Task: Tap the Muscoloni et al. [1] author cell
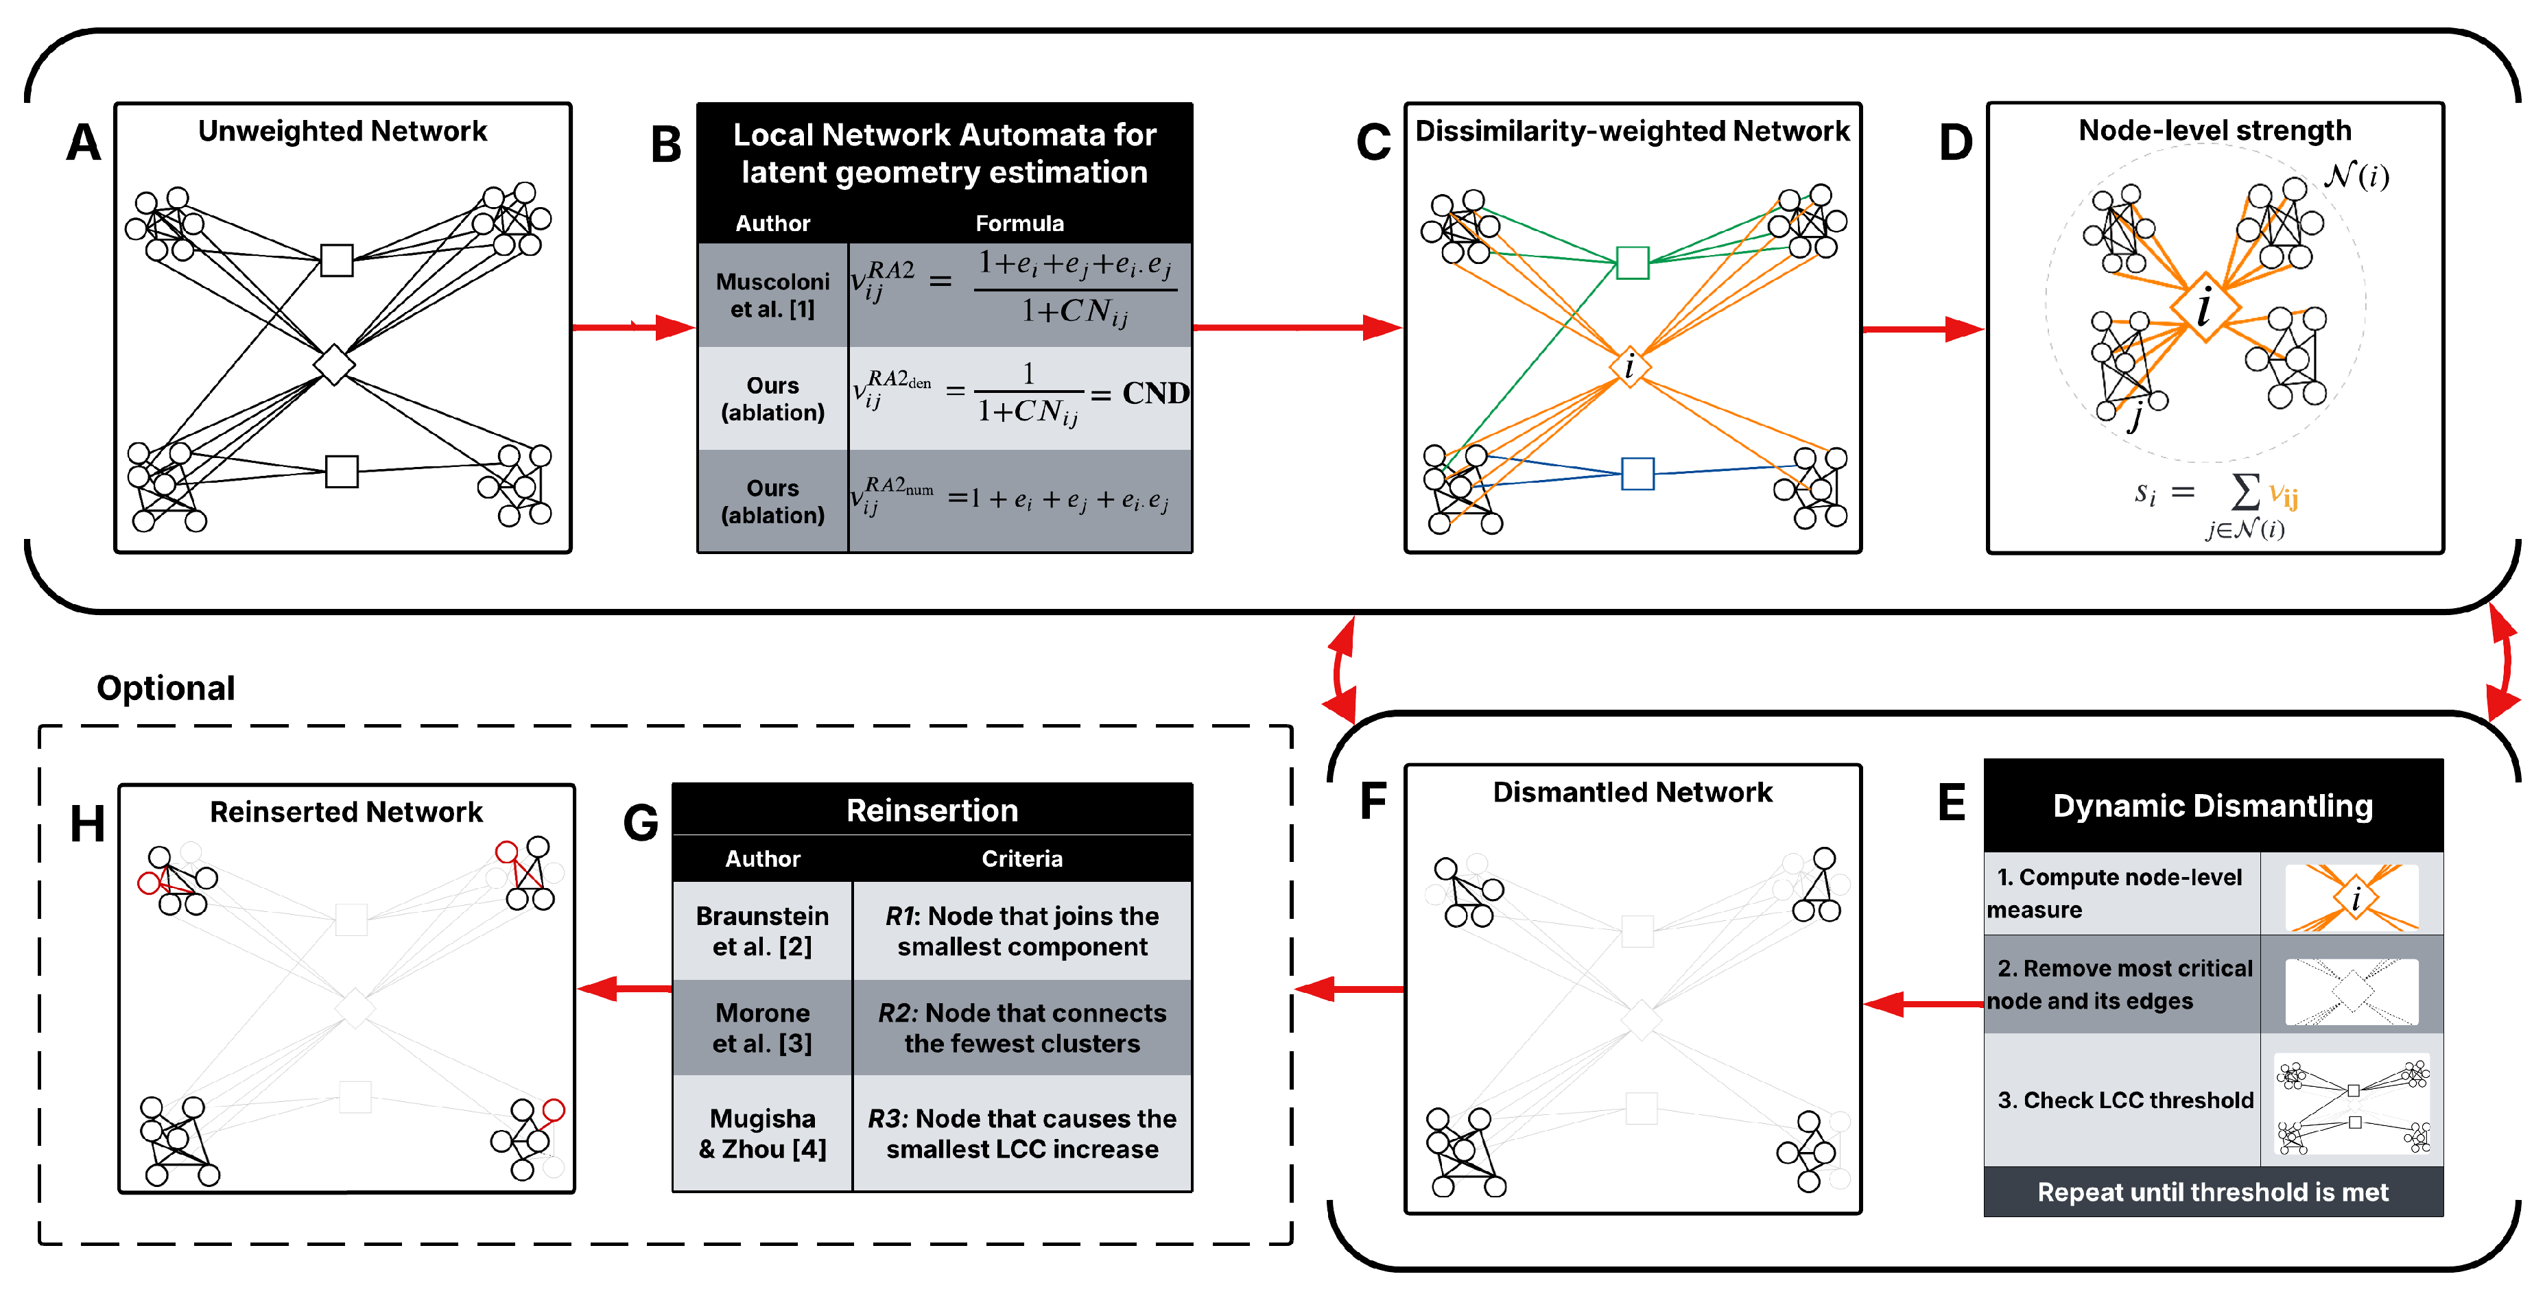772,296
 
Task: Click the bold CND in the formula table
1154,393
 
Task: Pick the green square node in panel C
1632,263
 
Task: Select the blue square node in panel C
1637,474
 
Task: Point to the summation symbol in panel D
2245,491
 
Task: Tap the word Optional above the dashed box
166,688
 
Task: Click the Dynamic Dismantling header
2212,806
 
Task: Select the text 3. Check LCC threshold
2125,1101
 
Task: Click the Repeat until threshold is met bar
2212,1192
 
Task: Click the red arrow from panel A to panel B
632,327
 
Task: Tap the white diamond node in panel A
334,365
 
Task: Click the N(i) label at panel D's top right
2356,177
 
